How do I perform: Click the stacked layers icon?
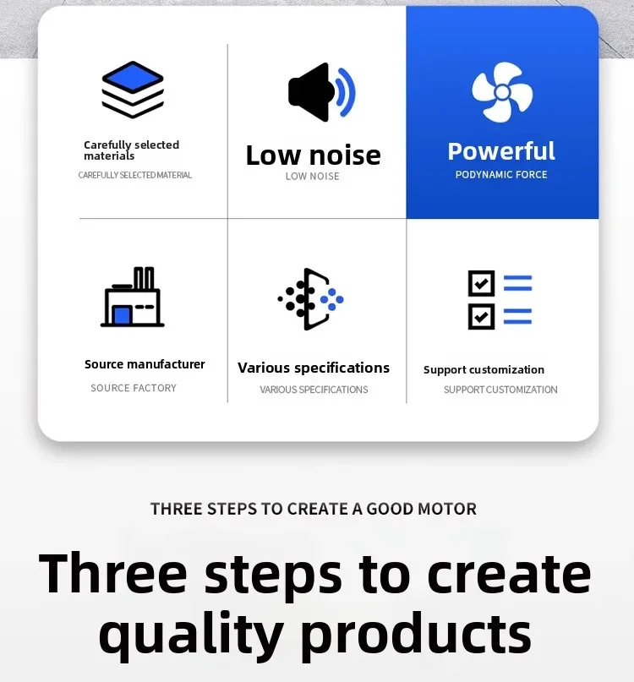(133, 90)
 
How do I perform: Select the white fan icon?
(502, 92)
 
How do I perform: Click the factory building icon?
(132, 296)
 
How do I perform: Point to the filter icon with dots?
(311, 299)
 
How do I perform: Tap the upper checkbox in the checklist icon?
(481, 283)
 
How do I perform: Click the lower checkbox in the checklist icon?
(481, 316)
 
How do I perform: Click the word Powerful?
(501, 151)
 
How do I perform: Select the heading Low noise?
(314, 155)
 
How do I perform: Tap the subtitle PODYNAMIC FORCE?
(501, 175)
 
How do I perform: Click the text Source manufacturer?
(145, 364)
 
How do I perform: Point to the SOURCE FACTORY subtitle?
(134, 388)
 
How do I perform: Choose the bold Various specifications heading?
(314, 368)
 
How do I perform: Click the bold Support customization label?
(484, 369)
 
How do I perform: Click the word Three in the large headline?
(113, 572)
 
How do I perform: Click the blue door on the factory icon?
(122, 315)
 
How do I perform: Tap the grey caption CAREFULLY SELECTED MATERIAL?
(135, 175)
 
